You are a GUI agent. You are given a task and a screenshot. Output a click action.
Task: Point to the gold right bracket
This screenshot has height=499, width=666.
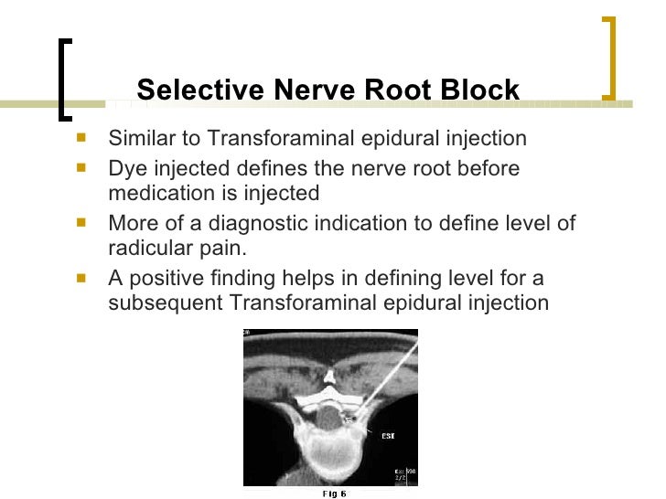[x=609, y=57]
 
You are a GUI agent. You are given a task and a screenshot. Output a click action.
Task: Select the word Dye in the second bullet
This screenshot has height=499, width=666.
[x=125, y=169]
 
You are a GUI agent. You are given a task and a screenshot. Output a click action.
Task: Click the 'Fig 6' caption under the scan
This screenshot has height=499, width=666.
[x=335, y=494]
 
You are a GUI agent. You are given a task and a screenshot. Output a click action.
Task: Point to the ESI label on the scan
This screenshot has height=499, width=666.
[x=387, y=437]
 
